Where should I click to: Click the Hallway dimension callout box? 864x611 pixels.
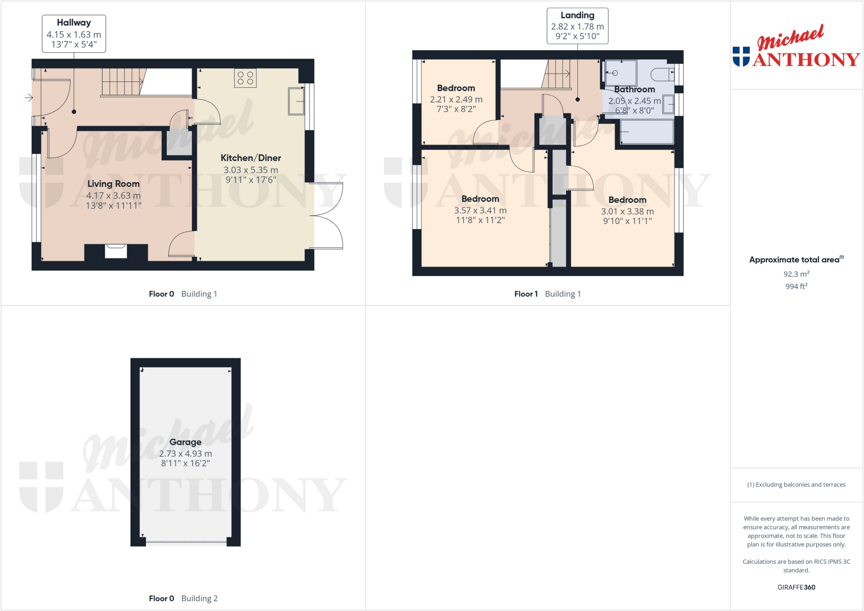[74, 34]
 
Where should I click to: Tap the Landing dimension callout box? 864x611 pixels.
[577, 26]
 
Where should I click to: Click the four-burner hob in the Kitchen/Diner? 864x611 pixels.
[245, 78]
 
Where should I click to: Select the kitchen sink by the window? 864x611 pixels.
[296, 101]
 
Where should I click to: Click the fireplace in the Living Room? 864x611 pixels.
[116, 251]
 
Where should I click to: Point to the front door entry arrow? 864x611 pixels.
[29, 98]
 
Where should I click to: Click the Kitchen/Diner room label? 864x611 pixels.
[251, 158]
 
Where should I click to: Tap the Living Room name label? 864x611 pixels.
[113, 184]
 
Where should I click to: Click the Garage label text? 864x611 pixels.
[185, 442]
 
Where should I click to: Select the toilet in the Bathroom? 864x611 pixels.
[662, 75]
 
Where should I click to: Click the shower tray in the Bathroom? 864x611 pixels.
[621, 73]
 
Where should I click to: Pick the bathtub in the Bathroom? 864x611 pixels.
[646, 132]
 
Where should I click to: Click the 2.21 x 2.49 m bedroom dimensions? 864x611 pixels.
[456, 100]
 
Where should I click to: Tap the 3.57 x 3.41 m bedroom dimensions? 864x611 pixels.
[480, 210]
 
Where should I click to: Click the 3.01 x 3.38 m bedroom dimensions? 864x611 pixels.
[627, 211]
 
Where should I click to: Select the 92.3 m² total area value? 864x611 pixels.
[796, 274]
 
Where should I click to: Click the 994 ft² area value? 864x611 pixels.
[796, 286]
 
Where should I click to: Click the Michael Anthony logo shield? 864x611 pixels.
[741, 57]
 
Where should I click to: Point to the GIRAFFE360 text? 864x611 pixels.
[796, 587]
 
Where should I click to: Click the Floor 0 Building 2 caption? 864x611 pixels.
[183, 598]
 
